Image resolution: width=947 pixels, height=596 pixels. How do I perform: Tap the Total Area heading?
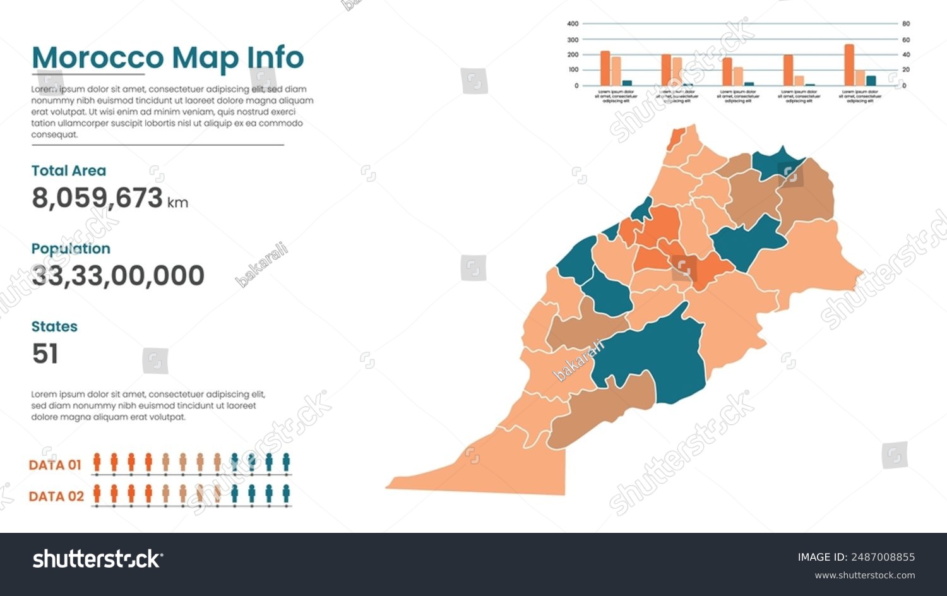click(69, 170)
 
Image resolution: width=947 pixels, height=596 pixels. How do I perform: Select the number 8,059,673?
click(97, 198)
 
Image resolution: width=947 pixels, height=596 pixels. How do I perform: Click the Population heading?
click(71, 249)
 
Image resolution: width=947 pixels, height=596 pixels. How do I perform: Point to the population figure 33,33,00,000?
click(118, 276)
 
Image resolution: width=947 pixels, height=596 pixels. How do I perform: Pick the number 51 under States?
click(45, 354)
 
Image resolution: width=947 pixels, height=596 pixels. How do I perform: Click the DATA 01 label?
click(55, 465)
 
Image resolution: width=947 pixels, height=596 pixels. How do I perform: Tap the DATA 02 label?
click(56, 496)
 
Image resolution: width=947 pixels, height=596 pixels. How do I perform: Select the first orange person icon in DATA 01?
click(97, 462)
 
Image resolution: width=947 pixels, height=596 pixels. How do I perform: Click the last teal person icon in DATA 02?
click(286, 493)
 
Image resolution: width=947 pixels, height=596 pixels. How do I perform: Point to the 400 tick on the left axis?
click(573, 24)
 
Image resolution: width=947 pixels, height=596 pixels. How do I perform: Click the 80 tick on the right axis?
click(906, 24)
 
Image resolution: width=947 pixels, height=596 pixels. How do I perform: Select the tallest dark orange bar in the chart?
click(849, 65)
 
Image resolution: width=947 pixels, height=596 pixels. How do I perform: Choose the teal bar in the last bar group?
click(871, 80)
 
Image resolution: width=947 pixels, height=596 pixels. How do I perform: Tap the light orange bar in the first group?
click(616, 71)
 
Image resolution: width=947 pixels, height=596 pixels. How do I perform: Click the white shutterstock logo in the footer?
click(97, 559)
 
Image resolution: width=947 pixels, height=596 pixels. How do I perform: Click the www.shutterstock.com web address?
click(864, 575)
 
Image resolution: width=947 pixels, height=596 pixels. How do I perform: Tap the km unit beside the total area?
click(177, 203)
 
